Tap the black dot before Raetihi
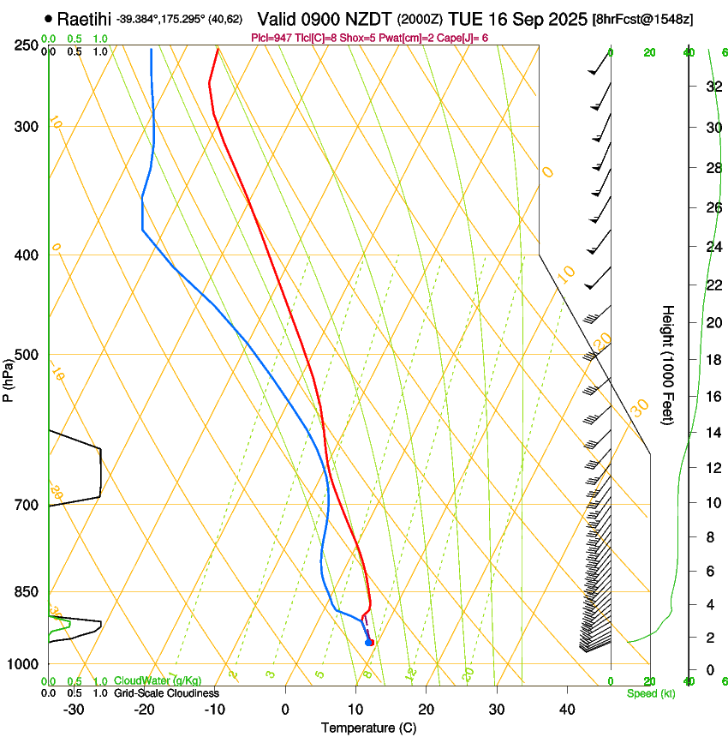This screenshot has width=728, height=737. click(48, 18)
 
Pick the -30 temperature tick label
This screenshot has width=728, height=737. click(73, 709)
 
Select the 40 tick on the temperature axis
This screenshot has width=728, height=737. click(566, 709)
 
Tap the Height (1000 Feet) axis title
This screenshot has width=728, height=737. click(669, 364)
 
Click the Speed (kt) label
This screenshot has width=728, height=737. click(650, 693)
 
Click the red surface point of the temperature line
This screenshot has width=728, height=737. click(370, 642)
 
